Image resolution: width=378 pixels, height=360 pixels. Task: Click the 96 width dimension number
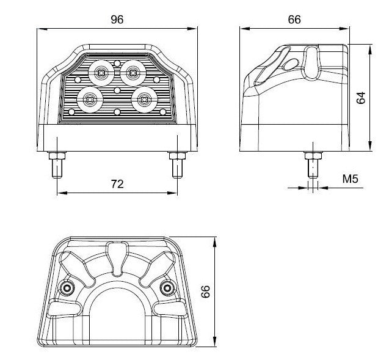(117, 19)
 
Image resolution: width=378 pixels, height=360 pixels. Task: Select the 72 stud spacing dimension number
(116, 183)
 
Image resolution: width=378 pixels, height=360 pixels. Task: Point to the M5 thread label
(350, 179)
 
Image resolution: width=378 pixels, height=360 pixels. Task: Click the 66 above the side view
(294, 19)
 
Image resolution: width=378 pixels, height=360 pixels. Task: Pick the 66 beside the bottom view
(206, 292)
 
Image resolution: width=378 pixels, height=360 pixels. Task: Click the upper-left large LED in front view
(100, 73)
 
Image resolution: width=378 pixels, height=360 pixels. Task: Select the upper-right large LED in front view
(131, 73)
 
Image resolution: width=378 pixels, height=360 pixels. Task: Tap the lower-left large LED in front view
(90, 99)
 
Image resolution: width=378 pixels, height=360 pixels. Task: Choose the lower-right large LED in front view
(144, 99)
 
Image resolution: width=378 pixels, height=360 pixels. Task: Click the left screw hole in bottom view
(65, 288)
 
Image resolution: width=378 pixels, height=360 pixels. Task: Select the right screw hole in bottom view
(165, 288)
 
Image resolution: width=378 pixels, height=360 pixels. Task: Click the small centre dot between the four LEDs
(117, 89)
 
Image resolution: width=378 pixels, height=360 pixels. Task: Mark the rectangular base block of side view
(295, 134)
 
